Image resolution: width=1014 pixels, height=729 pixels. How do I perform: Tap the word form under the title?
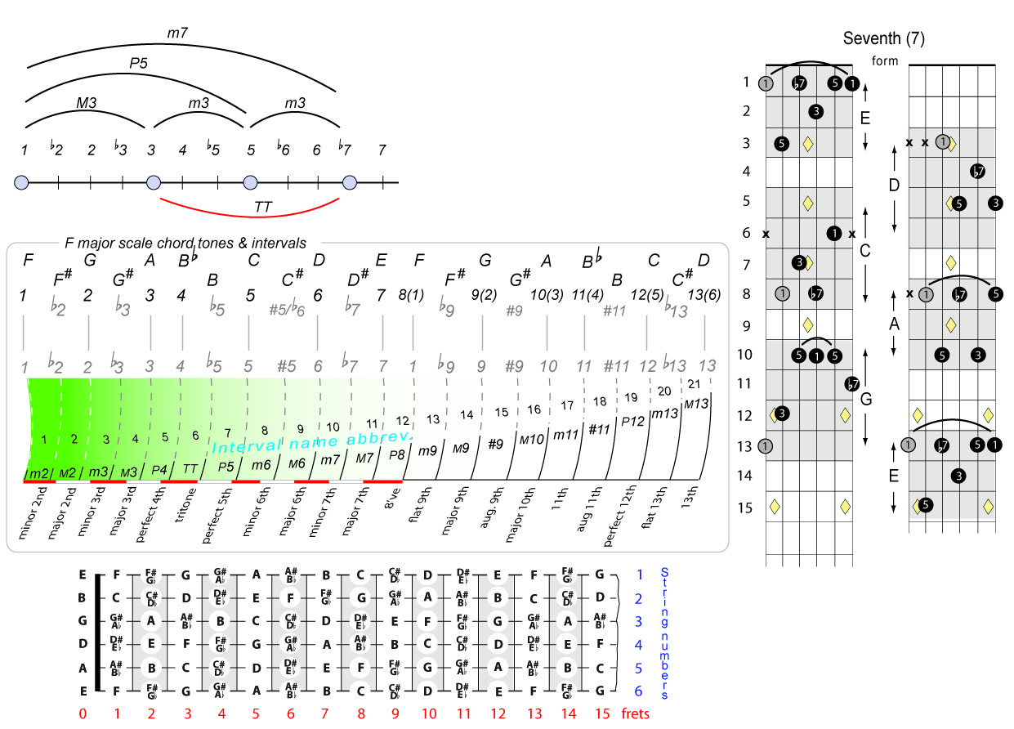tap(885, 61)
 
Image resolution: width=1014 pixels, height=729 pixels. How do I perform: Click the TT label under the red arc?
tap(263, 208)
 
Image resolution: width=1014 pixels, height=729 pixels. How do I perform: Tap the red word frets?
tap(636, 713)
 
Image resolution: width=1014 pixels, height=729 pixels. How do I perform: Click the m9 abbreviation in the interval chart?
tap(427, 450)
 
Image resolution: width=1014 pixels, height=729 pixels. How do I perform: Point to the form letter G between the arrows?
tap(867, 400)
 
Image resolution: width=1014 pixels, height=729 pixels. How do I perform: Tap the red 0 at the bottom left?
tap(83, 713)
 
